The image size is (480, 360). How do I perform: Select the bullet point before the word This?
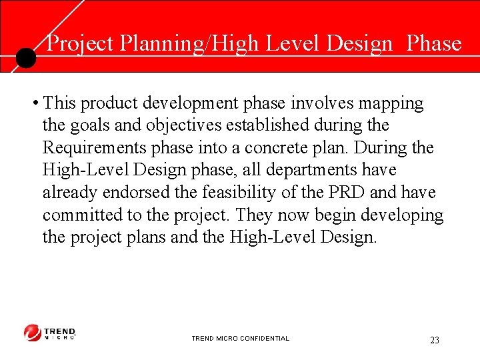(34, 104)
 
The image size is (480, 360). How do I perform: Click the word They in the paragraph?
(253, 215)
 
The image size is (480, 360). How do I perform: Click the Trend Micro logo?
(50, 333)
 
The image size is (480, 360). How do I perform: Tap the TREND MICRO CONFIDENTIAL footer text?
(240, 339)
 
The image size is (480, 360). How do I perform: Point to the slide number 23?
(435, 340)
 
